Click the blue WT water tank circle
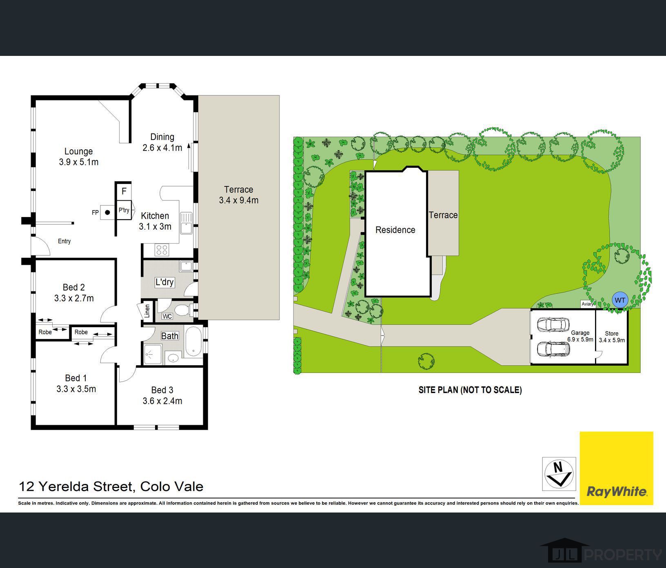tap(619, 300)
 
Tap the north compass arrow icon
tap(559, 474)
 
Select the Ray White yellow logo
tap(616, 468)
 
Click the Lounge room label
tap(79, 151)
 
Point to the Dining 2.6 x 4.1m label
tap(162, 142)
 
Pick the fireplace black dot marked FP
tap(108, 212)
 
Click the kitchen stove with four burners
tap(162, 249)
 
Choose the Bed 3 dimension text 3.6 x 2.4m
tap(162, 401)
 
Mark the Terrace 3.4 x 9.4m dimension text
tap(239, 200)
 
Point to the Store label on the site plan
tap(612, 333)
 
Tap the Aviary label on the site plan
tap(588, 304)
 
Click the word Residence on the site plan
tap(395, 230)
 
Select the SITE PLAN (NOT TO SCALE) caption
tap(470, 390)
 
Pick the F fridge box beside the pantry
tap(124, 191)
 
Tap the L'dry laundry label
tap(164, 282)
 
